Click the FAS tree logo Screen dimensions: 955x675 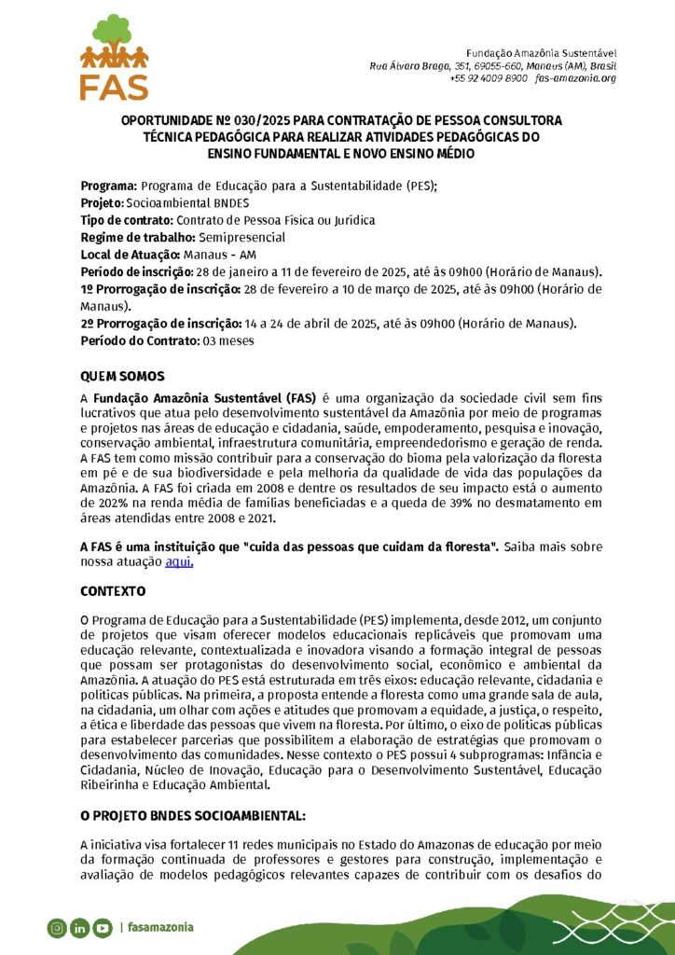point(114,56)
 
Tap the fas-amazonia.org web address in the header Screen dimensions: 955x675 point(576,78)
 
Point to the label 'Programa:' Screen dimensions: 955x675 point(109,187)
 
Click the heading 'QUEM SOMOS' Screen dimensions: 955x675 point(122,377)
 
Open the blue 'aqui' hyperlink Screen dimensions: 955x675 point(178,561)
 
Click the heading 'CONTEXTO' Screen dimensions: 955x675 point(113,591)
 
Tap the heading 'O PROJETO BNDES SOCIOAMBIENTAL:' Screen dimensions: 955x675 point(193,816)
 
